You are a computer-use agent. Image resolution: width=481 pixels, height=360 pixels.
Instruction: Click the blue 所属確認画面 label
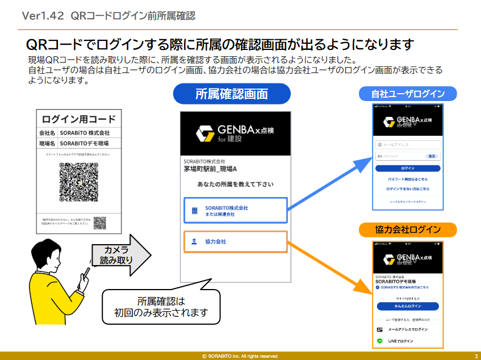[232, 94]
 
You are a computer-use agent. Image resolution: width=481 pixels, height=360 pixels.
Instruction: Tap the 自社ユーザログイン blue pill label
[408, 94]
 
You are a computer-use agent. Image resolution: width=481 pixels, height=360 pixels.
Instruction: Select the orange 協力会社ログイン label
[408, 230]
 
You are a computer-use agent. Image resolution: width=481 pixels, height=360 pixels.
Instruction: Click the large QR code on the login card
[78, 182]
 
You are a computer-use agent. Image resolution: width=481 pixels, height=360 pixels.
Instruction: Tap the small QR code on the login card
[100, 222]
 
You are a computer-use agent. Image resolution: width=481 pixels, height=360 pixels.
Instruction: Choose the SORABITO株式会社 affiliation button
[236, 211]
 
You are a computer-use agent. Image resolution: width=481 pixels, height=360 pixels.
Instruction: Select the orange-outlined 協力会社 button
[236, 241]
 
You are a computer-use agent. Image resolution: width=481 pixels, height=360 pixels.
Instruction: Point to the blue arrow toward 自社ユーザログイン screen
[329, 185]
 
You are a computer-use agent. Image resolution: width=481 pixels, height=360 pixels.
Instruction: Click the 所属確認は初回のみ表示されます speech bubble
[161, 307]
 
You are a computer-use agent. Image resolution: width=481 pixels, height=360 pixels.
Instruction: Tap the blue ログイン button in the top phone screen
[408, 169]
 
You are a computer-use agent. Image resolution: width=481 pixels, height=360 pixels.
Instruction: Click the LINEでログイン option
[408, 341]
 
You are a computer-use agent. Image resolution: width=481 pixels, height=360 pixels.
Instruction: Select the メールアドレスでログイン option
[408, 329]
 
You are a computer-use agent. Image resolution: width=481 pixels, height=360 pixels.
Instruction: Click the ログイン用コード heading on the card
[78, 119]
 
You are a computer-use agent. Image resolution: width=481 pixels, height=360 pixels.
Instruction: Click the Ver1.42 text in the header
[42, 16]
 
